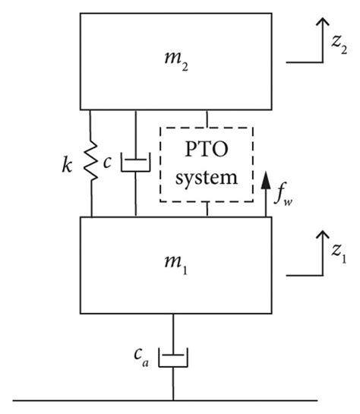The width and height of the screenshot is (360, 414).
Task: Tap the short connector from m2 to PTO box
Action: pos(207,118)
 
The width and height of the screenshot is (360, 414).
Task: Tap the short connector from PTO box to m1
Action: pos(207,210)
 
